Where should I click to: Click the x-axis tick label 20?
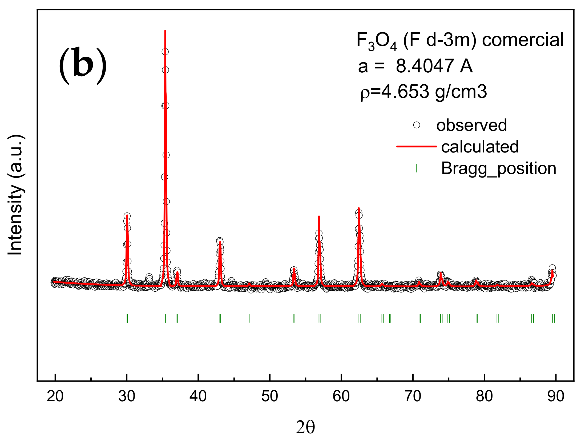click(55, 396)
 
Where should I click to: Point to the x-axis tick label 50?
click(269, 396)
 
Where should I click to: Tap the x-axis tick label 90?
click(556, 396)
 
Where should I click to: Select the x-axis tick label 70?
click(413, 396)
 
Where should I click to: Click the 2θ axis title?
click(305, 428)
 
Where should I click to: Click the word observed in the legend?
click(471, 125)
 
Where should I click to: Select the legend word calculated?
click(480, 147)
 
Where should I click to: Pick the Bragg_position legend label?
click(498, 168)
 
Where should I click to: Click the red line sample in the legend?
click(416, 146)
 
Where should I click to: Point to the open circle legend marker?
click(416, 125)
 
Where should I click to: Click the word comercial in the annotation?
click(523, 40)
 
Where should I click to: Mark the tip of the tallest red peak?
click(165, 31)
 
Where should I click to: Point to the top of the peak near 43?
click(220, 241)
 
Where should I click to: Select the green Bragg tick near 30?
click(127, 318)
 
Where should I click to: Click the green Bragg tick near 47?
click(249, 318)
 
